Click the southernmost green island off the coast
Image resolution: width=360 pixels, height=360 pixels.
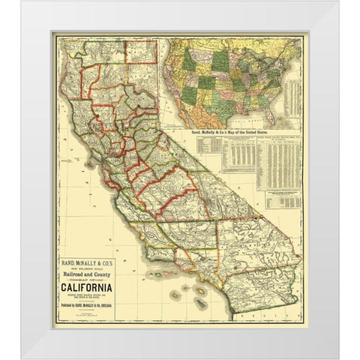tap(200, 304)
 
